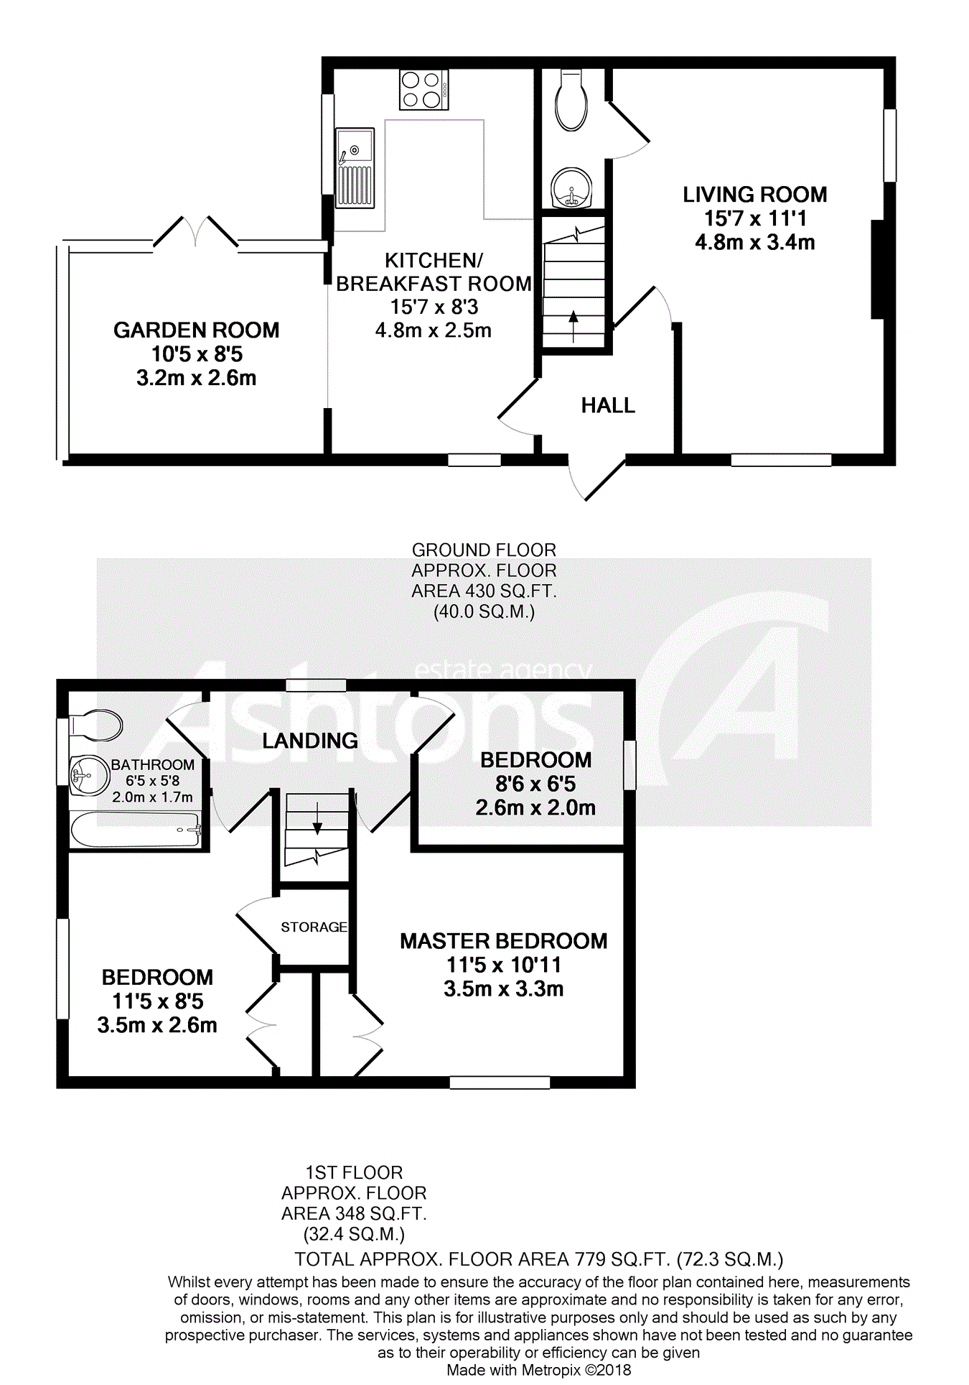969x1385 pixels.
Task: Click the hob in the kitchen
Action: pos(423,90)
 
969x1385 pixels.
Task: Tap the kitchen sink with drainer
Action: pos(355,168)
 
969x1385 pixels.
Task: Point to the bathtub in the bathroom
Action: pos(135,830)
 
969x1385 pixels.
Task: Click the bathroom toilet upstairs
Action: pos(97,726)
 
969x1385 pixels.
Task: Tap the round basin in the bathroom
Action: pos(88,775)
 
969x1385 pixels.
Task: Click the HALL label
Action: pos(608,406)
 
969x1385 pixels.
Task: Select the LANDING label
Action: pos(309,741)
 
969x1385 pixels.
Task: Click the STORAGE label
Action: pos(314,927)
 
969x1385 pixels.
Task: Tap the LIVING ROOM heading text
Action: pos(754,195)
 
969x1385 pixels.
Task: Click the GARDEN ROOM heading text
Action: pos(196,330)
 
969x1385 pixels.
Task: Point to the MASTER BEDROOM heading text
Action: pos(503,941)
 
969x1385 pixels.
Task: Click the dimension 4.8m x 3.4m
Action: pos(754,243)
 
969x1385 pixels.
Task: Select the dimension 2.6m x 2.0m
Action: pos(535,808)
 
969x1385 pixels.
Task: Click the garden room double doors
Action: pos(195,231)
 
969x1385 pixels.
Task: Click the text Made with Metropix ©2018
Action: pos(538,1370)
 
